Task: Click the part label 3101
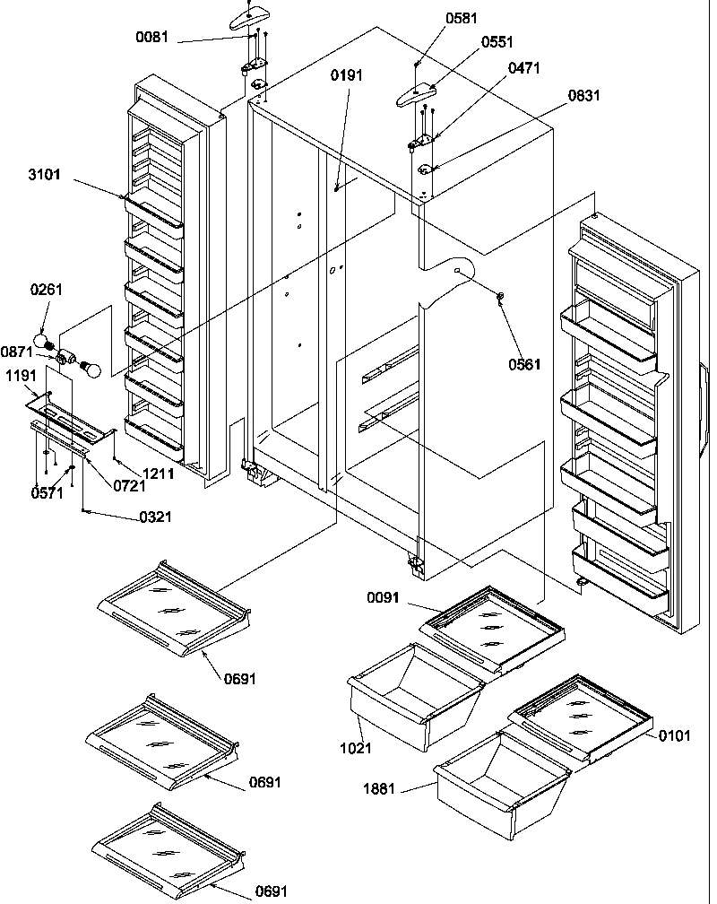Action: (x=44, y=175)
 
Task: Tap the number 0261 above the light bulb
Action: (x=47, y=290)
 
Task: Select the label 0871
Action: (x=16, y=352)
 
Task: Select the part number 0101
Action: (x=674, y=736)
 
